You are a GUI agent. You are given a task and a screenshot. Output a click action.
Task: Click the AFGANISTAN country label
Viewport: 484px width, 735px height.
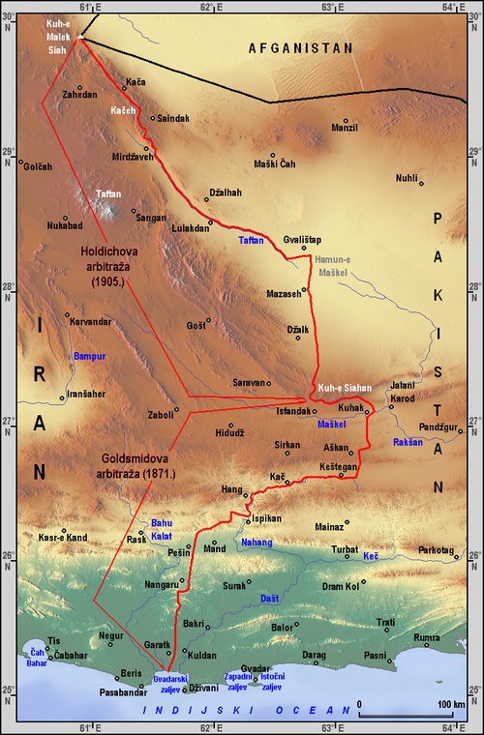[301, 47]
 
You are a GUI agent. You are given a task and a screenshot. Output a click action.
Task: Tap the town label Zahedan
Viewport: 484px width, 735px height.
[79, 95]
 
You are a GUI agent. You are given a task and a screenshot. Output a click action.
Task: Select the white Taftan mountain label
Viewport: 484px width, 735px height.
[108, 193]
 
